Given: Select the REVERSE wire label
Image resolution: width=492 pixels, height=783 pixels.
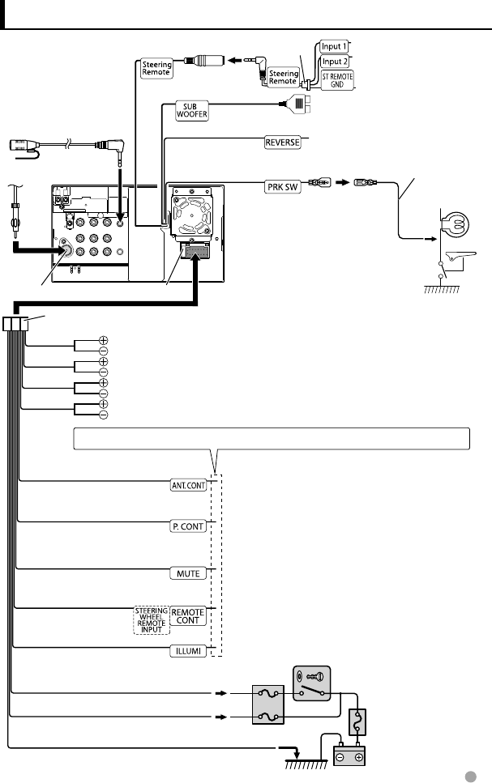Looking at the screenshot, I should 283,143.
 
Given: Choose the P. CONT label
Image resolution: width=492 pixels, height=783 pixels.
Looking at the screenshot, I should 188,525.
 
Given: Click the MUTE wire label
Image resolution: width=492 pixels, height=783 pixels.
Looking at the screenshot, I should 190,572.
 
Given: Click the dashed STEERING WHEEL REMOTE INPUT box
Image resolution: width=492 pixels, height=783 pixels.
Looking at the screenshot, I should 152,619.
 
